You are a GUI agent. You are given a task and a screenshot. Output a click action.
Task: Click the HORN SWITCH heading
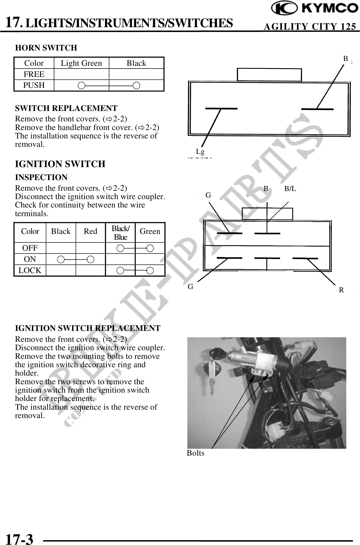(46, 48)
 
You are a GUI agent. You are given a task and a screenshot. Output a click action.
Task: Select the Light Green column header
(81, 63)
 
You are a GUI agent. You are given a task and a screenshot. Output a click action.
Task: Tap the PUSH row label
(34, 85)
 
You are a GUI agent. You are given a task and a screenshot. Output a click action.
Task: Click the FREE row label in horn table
(34, 74)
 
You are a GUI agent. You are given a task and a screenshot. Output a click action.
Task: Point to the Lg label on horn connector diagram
(200, 152)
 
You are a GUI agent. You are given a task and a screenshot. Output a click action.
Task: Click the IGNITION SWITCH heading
(60, 164)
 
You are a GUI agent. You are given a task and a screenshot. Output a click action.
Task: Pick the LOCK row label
(30, 270)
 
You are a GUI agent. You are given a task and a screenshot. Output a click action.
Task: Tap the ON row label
(30, 259)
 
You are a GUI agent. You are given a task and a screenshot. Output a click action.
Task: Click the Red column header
(90, 231)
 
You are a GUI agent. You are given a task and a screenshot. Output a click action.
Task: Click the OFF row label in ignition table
(30, 248)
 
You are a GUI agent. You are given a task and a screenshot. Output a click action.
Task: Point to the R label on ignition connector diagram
(341, 290)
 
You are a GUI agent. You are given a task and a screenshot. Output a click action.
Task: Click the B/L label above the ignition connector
(290, 188)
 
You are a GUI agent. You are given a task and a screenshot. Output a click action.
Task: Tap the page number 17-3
(19, 533)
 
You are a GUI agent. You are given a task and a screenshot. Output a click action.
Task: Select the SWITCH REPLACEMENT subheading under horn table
(66, 108)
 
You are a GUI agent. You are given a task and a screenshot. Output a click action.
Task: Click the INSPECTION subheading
(41, 177)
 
